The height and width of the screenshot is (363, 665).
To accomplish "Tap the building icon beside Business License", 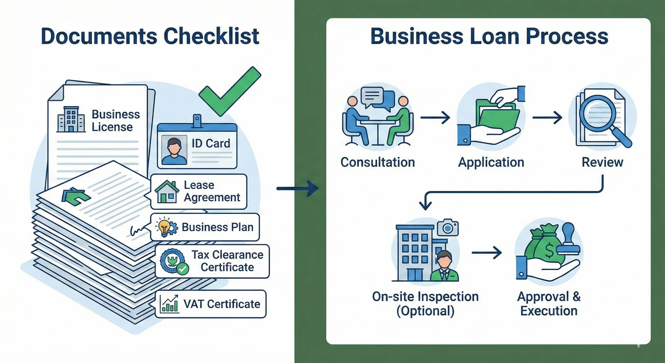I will [71, 120].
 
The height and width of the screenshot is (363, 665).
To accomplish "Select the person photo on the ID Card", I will [174, 150].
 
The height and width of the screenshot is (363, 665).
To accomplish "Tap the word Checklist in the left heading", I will [211, 36].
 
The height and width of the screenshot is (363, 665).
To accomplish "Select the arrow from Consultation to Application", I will [435, 118].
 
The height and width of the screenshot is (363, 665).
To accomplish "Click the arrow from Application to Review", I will [547, 118].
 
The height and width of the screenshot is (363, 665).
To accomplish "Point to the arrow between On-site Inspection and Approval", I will [487, 252].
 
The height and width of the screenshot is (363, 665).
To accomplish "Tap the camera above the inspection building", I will [447, 228].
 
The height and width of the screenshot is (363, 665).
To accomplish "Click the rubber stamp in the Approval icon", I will [568, 239].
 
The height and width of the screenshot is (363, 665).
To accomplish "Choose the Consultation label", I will [378, 162].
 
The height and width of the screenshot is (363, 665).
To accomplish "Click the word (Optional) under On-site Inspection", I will [425, 311].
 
